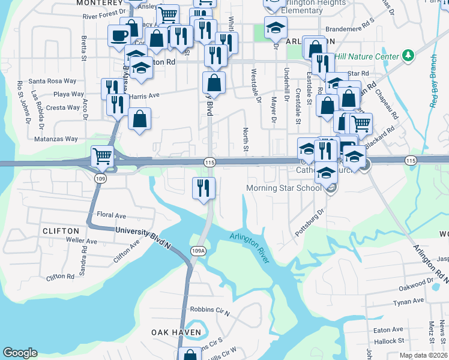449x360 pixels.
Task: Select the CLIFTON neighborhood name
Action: point(61,230)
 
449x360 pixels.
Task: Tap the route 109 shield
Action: point(100,179)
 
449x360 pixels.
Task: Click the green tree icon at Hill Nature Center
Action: point(409,56)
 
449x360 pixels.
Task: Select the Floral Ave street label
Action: point(112,215)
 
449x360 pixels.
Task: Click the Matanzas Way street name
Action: point(55,139)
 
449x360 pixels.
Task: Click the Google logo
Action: point(20,353)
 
